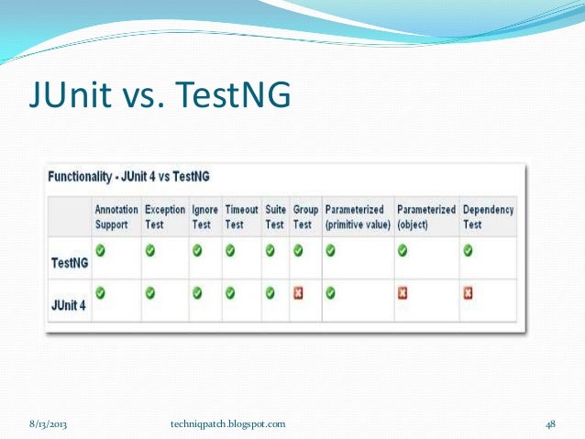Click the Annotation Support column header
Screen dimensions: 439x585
click(x=116, y=216)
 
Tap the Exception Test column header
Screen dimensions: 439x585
click(x=165, y=216)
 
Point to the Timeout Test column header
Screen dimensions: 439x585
click(x=241, y=216)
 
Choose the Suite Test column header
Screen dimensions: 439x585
click(x=275, y=216)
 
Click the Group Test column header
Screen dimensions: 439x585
click(x=305, y=216)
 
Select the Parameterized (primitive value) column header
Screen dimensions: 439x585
click(x=358, y=216)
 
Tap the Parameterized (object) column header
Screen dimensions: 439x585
click(x=425, y=216)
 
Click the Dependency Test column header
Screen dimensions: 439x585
click(x=488, y=216)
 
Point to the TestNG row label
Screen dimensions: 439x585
click(x=69, y=262)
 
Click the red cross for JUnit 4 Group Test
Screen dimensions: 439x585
click(x=299, y=294)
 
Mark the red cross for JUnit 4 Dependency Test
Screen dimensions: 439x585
click(x=468, y=294)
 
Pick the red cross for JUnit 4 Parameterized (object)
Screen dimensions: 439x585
click(x=402, y=294)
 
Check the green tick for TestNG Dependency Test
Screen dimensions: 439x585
click(x=468, y=249)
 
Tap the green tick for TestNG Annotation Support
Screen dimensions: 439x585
click(x=100, y=249)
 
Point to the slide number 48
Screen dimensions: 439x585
click(x=551, y=423)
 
